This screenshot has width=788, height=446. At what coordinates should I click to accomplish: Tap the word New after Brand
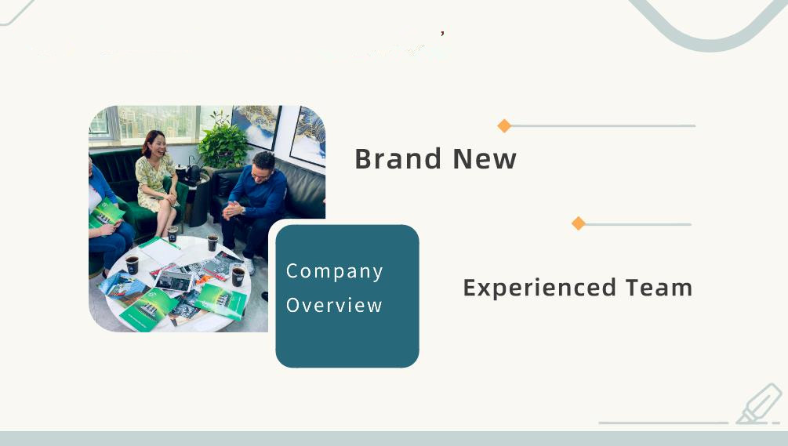485,158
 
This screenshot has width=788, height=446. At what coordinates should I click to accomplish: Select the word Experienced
539,288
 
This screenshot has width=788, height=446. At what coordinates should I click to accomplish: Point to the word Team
659,288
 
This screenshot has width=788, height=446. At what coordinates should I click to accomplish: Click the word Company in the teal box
335,271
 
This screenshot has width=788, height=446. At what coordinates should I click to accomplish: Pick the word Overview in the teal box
334,306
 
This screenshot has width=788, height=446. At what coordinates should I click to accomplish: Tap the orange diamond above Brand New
504,125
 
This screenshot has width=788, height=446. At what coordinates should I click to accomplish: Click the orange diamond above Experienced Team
579,223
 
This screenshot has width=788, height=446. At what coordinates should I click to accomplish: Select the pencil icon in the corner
759,404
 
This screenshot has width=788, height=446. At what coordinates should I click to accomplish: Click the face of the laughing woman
156,145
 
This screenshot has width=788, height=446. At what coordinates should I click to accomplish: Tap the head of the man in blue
263,167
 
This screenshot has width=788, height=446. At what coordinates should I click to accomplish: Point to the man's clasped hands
231,210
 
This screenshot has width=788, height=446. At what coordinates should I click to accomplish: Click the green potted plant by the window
223,142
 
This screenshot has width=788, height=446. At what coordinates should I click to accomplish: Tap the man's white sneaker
249,266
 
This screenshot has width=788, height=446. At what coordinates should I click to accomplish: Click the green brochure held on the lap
107,213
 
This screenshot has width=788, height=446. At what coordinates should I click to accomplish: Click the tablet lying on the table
174,281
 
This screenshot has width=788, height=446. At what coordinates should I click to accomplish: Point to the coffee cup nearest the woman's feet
172,234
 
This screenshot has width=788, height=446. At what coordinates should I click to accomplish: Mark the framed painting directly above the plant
256,126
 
